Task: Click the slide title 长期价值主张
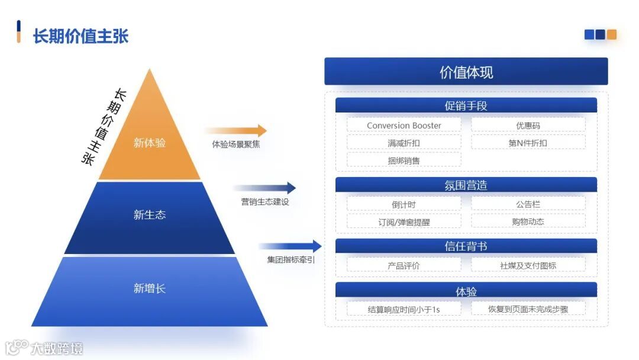80,36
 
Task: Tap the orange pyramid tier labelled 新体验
150,143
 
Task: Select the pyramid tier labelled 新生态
150,215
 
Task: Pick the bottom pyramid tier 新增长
150,289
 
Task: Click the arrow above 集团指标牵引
290,246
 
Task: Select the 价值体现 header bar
466,72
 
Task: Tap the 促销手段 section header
466,106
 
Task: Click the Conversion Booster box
404,125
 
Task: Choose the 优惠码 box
528,125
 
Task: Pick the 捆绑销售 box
404,160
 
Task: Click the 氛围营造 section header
466,185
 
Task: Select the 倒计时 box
404,204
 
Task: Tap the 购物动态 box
528,221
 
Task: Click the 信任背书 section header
466,246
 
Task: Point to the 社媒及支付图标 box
528,265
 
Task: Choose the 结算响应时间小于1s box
404,309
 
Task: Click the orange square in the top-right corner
612,34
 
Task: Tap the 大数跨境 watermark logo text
57,348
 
